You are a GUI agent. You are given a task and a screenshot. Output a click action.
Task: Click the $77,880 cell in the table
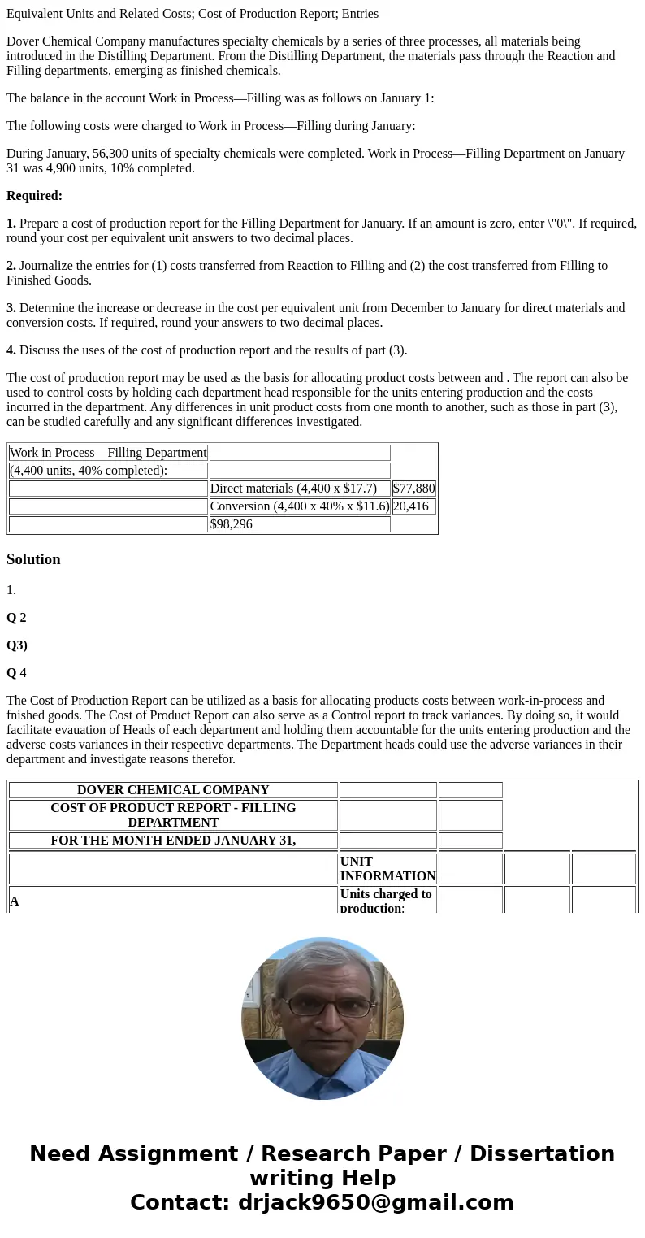pos(413,489)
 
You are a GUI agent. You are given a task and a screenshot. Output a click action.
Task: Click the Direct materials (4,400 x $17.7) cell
pos(300,489)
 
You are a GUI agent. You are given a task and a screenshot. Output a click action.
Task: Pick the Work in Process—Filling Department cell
pos(108,453)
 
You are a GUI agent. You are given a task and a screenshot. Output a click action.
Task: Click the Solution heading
pos(33,559)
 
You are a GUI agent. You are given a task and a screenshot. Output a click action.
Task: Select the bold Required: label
pos(34,196)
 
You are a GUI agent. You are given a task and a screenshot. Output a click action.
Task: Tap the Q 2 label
pos(16,618)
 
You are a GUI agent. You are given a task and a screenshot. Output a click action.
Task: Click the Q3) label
pos(17,645)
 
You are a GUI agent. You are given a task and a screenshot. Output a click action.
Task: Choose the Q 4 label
pos(16,673)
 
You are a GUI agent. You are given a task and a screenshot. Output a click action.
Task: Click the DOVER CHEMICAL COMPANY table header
pos(173,790)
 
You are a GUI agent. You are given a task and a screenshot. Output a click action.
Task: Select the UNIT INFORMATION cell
pos(387,868)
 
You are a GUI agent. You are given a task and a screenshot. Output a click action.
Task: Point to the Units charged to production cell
pos(387,901)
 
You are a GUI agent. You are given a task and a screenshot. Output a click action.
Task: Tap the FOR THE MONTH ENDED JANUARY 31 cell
pos(173,841)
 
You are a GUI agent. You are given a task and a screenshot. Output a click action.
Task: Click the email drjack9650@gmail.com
pos(375,1203)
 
